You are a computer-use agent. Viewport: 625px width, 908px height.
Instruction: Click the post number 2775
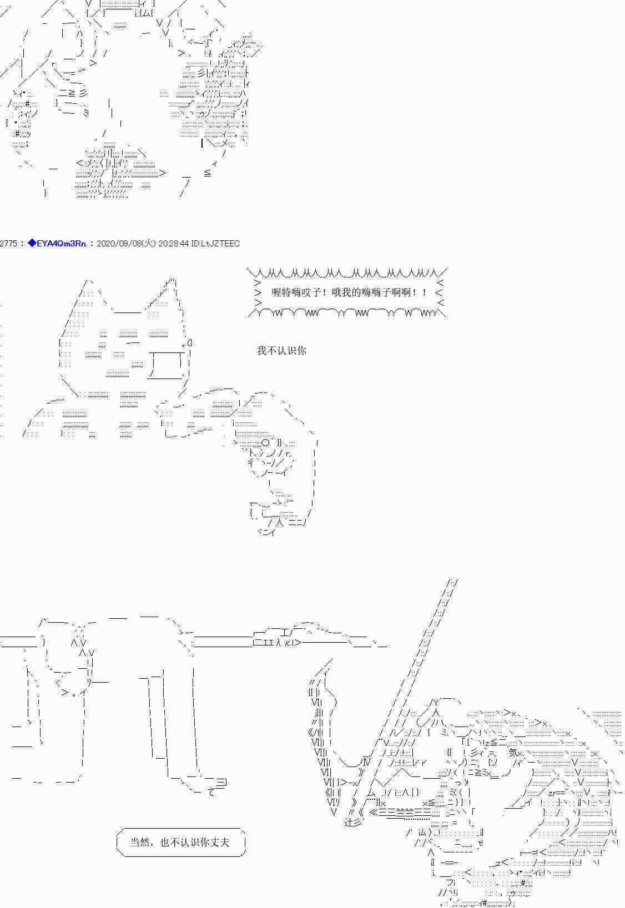[9, 244]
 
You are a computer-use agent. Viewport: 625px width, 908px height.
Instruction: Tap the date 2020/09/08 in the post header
[118, 244]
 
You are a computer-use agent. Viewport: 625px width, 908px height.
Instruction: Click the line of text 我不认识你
[281, 351]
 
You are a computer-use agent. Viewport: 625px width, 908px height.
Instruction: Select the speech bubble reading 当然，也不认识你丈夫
[180, 842]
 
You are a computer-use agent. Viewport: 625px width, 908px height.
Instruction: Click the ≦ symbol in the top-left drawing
[208, 173]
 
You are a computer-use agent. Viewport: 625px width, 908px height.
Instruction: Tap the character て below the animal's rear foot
[211, 792]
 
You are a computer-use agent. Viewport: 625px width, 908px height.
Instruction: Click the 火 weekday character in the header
[150, 244]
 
